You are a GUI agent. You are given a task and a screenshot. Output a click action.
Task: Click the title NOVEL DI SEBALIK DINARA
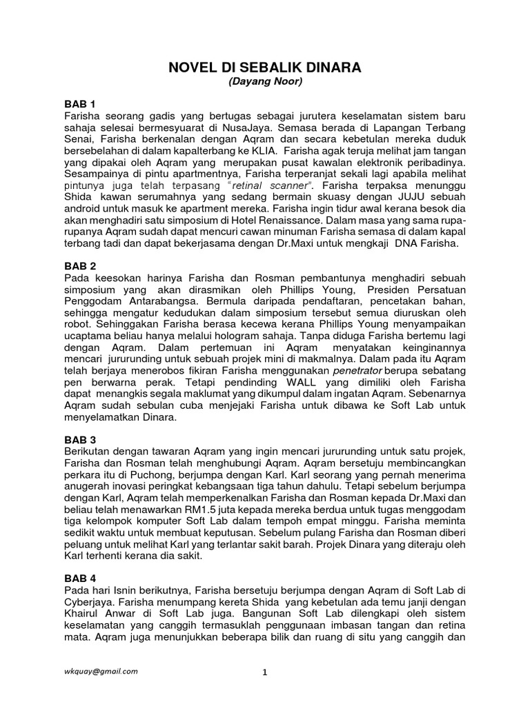[265, 68]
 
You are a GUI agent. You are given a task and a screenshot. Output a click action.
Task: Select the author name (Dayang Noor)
[265, 82]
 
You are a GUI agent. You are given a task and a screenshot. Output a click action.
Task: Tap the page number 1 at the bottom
[264, 674]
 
